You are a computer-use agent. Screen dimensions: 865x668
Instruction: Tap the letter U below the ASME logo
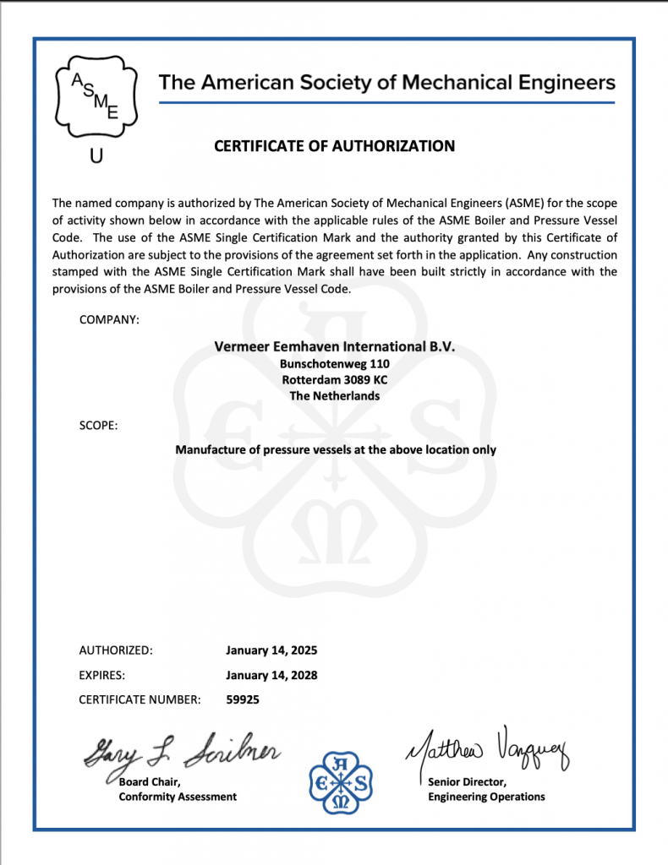point(96,157)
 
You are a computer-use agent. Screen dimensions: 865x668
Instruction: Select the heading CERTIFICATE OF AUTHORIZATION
point(334,146)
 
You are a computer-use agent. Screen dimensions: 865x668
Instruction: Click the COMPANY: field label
point(109,319)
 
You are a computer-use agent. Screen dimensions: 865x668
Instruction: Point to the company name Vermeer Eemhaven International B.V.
point(335,346)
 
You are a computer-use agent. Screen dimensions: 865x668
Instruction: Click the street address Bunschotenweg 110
point(335,363)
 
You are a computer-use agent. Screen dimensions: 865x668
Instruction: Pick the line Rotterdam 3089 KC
point(335,379)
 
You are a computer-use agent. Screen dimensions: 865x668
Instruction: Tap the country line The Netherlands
point(335,395)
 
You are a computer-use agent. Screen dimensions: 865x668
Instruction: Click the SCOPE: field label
point(98,425)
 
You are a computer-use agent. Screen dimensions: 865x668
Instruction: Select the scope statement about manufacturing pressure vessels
point(335,449)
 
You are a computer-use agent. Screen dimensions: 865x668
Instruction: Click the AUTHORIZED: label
point(116,650)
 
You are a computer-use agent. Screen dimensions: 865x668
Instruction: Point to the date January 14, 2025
point(271,650)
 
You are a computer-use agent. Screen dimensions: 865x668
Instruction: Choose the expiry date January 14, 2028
point(271,675)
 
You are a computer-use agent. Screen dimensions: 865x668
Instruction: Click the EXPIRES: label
point(102,675)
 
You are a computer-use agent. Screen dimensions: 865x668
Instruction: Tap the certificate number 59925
point(244,699)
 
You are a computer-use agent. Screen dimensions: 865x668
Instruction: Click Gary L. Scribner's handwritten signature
point(182,750)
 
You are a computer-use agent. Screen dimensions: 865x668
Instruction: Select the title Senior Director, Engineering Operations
point(486,790)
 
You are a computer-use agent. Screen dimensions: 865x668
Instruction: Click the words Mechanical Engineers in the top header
point(508,82)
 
